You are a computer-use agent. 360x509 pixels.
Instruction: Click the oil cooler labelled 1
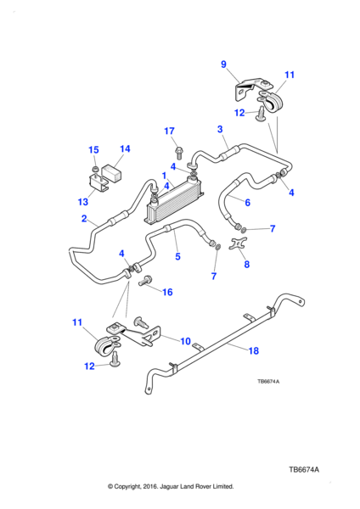coord(174,201)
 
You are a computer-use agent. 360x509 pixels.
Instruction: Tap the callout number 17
coord(169,131)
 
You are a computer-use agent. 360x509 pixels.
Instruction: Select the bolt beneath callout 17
coord(178,152)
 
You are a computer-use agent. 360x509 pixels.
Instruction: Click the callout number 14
coord(125,149)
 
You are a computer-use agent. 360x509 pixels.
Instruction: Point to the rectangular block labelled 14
coord(111,173)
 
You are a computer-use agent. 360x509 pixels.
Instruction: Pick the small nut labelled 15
coord(95,169)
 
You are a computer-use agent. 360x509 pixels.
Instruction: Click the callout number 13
coord(83,202)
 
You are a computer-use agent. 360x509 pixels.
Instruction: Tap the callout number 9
coord(223,64)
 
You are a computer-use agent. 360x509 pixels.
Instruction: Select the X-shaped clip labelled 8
coord(238,243)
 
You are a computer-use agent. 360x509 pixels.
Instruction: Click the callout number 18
coord(253,351)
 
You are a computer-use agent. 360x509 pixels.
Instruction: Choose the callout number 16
coord(167,292)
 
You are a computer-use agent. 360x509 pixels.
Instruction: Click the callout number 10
coord(185,342)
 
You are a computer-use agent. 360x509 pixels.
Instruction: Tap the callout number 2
coord(84,219)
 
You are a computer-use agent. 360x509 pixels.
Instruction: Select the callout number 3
coord(220,129)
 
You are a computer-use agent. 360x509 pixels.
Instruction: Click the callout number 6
coord(248,203)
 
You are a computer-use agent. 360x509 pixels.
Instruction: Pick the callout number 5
coord(177,256)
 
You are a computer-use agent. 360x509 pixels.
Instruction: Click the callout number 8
coord(247,264)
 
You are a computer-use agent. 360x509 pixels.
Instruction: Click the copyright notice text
coord(171,487)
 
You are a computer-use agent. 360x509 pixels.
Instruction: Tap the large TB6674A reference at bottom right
coord(304,470)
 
